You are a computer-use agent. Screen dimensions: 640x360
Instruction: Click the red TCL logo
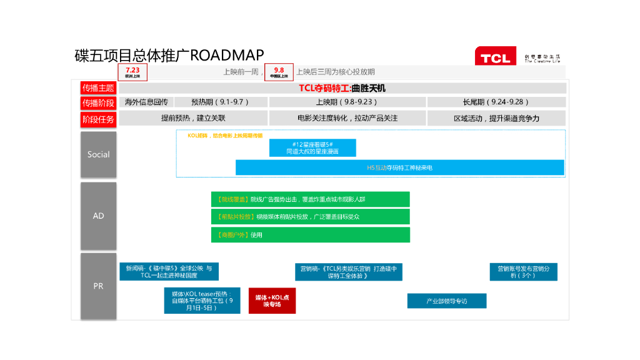coord(495,57)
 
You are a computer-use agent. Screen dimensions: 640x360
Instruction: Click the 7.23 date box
coord(132,72)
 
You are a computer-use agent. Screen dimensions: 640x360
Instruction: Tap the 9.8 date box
coord(279,72)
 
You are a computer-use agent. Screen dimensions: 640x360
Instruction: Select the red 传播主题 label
coord(98,88)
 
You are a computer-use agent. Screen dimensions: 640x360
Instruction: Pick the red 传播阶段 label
coord(98,102)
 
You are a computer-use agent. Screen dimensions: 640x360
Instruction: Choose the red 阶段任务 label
coord(98,118)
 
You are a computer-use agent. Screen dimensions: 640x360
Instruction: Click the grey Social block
coord(98,154)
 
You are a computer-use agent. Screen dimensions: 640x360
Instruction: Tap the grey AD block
coord(98,216)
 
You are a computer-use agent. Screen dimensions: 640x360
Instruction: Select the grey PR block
coord(98,286)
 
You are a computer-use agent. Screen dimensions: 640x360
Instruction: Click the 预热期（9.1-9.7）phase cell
coord(221,102)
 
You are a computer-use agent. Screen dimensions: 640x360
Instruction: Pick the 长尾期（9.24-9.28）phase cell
coord(496,102)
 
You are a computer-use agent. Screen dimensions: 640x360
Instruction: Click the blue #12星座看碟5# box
coord(312,147)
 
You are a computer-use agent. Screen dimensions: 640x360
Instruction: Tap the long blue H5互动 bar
coord(399,167)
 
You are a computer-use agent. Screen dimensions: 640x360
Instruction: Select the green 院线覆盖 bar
coord(311,199)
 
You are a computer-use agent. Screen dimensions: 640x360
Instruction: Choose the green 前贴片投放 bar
coord(311,217)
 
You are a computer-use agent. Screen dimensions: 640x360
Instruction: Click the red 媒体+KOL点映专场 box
coord(272,301)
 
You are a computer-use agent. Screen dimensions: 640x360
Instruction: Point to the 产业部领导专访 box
coord(446,301)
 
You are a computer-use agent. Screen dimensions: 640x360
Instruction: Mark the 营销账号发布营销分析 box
coord(523,272)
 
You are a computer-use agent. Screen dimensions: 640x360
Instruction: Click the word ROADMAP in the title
coord(227,55)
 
